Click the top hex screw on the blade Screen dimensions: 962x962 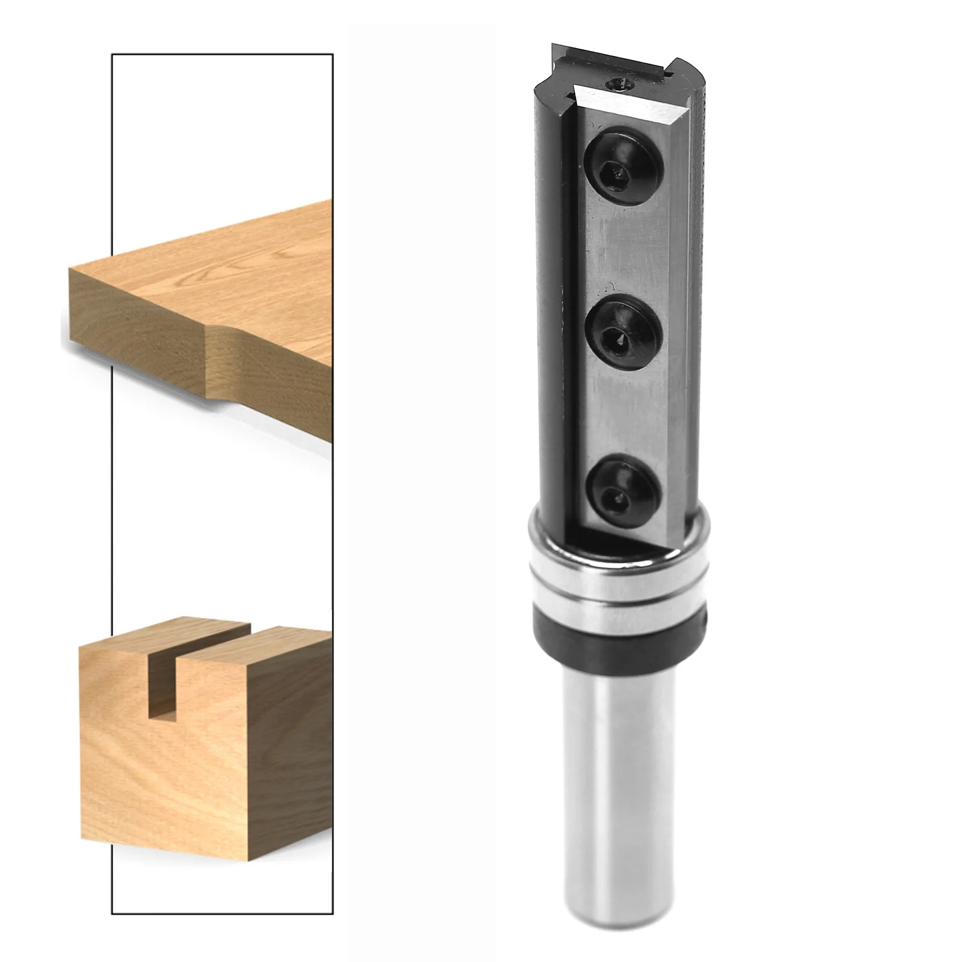click(x=623, y=161)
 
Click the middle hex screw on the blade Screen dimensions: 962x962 click(x=624, y=328)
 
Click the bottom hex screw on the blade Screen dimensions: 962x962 click(x=623, y=488)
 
